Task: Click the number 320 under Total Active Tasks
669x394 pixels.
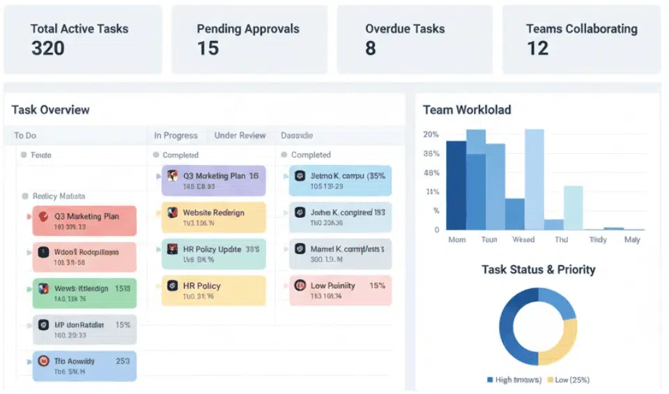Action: (x=48, y=48)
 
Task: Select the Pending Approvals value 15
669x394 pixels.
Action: (x=208, y=48)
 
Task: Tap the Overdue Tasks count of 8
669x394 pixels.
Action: (x=370, y=48)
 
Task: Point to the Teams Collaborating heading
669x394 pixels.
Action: (x=581, y=29)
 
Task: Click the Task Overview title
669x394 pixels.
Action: (x=51, y=110)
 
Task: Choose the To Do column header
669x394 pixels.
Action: (x=25, y=136)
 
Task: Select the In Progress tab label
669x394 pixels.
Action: (x=176, y=136)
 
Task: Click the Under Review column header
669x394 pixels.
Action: (x=240, y=136)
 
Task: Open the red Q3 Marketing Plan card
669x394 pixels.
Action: (x=84, y=221)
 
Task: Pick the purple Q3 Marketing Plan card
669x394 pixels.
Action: (x=213, y=180)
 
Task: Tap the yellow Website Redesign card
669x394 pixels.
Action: (x=213, y=217)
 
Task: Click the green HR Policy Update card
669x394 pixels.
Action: (x=213, y=253)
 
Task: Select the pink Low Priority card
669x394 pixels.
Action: (x=340, y=290)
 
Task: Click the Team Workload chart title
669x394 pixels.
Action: (x=467, y=110)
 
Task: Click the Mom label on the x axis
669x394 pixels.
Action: (x=456, y=239)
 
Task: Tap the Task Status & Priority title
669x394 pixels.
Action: (x=538, y=269)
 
